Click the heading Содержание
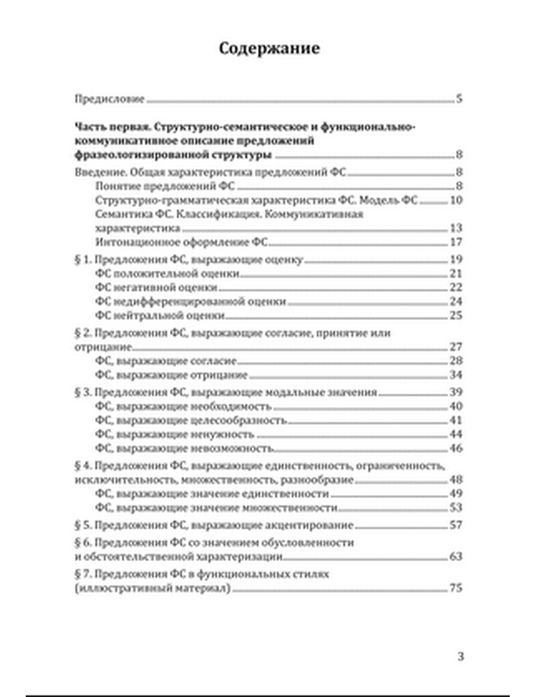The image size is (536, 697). point(269,48)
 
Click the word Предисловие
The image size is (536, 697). point(109,99)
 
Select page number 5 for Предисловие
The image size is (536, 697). point(459,99)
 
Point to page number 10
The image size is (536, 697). point(456,201)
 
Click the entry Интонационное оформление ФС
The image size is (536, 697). point(181,242)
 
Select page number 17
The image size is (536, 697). point(456,242)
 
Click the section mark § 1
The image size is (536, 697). point(82,260)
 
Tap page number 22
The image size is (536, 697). point(456,288)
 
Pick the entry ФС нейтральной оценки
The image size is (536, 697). point(160,316)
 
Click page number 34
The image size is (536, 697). point(456,375)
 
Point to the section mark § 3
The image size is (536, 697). point(83,392)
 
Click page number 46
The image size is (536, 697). point(456,448)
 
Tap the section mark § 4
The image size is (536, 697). point(83,466)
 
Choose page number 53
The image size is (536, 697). point(456,508)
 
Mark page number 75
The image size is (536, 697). point(456,588)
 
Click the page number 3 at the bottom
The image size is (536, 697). point(460,656)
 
